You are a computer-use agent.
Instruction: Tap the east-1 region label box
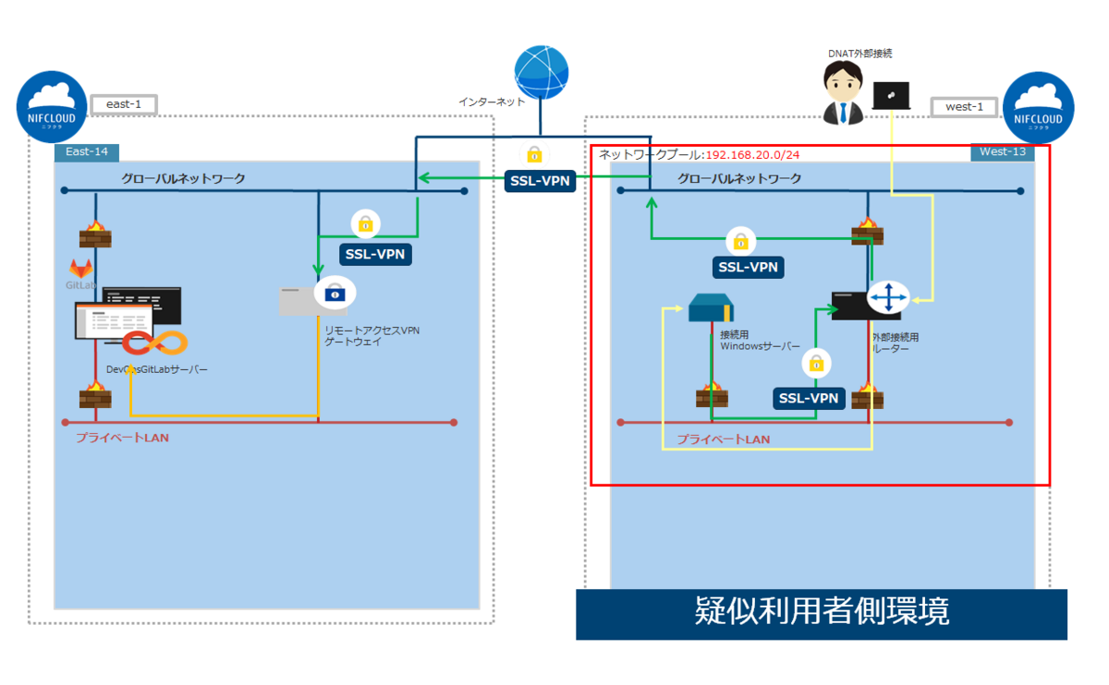coord(123,104)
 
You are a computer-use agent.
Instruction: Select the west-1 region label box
coord(964,106)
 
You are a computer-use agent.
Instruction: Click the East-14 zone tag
coord(87,152)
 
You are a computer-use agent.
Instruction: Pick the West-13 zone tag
coord(1003,152)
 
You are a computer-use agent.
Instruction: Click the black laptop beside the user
coord(891,96)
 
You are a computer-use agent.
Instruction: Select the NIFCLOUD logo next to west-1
coord(1039,108)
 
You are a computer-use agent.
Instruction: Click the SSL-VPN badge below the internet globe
coord(540,182)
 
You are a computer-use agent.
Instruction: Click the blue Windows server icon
coord(711,307)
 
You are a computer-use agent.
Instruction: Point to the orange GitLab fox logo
coord(81,270)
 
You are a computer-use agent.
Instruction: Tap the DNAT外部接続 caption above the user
coord(859,54)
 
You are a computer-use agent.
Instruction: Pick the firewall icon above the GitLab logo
coord(94,234)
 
